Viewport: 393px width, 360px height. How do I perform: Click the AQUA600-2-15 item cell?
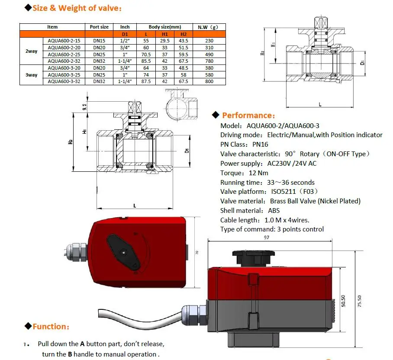(x=64, y=41)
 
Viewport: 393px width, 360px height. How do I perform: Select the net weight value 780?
(x=209, y=61)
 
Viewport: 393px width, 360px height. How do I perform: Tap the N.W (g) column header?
(x=208, y=27)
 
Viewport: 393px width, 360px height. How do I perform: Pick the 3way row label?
(x=31, y=75)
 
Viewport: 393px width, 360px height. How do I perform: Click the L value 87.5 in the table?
(x=146, y=81)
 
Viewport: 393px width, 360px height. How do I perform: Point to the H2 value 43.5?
(x=184, y=41)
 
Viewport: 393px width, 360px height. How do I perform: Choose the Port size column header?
(x=99, y=27)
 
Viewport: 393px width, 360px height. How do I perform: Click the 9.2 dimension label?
(x=85, y=107)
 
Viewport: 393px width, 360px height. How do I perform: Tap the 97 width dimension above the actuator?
(x=267, y=237)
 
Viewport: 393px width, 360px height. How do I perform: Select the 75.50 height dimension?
(x=360, y=301)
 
